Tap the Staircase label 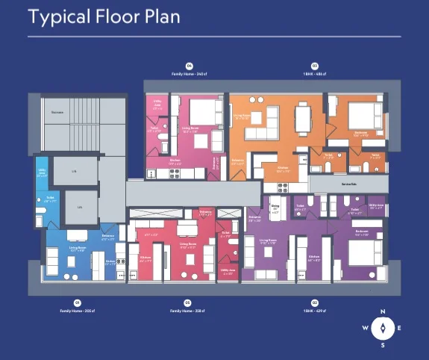57,112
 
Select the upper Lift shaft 75,171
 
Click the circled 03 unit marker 314,65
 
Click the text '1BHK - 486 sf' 314,73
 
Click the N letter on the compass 383,311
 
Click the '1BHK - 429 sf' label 314,308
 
